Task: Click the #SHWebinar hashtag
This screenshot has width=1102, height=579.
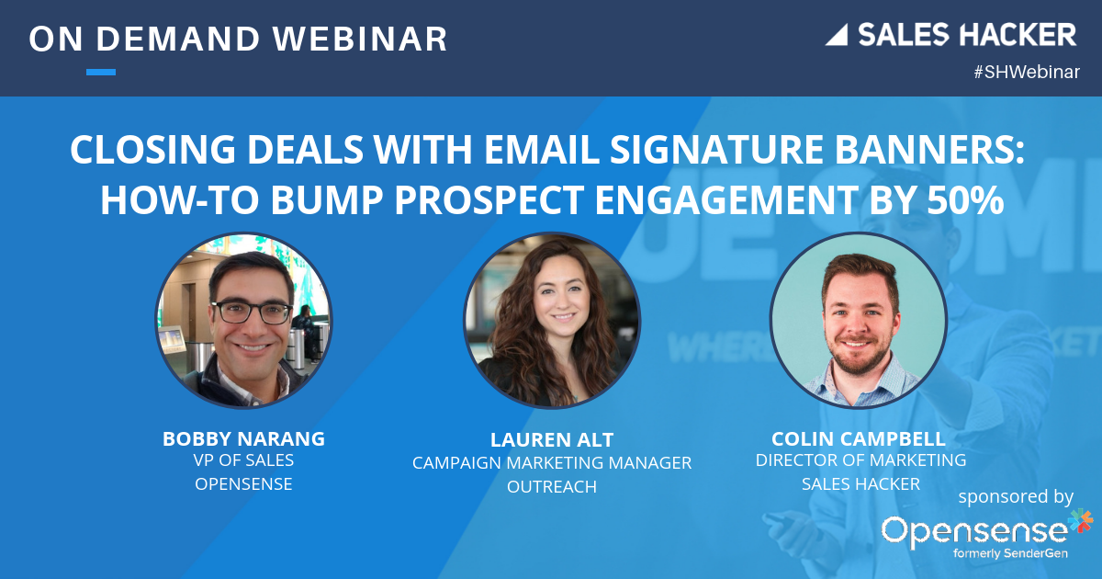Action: click(1026, 74)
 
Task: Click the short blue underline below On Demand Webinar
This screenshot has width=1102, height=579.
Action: click(101, 72)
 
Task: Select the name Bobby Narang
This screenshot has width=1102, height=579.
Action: click(243, 438)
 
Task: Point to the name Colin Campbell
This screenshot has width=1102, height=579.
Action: click(860, 438)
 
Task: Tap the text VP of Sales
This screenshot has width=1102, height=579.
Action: click(243, 460)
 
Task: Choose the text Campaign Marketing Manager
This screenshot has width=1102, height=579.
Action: click(552, 463)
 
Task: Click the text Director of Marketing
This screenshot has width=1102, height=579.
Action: click(860, 460)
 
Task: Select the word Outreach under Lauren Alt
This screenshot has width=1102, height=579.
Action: click(552, 486)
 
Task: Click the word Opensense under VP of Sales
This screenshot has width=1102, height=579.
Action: click(243, 483)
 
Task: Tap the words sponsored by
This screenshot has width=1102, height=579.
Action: click(1016, 497)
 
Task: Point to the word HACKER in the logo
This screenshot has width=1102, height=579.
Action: click(1019, 35)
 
